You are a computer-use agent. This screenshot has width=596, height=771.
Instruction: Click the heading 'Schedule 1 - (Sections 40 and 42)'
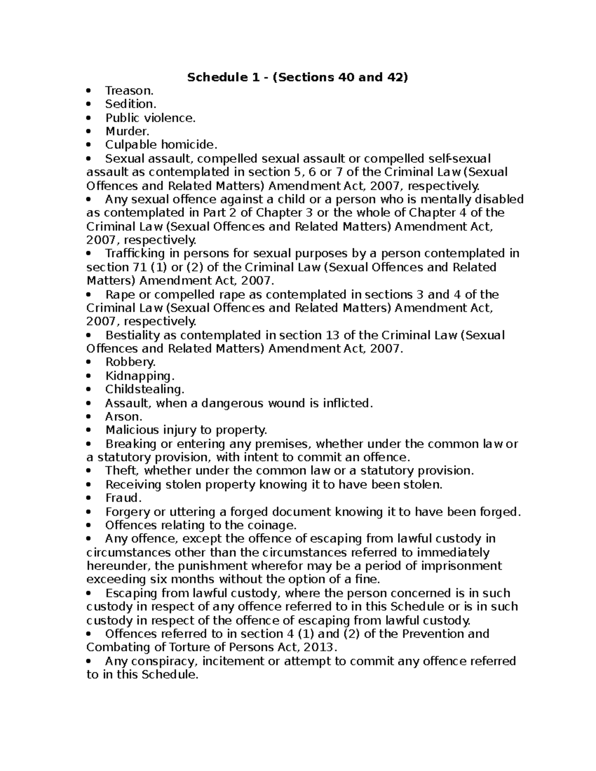(x=297, y=77)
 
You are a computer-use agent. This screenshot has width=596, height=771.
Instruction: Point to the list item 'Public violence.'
(x=150, y=118)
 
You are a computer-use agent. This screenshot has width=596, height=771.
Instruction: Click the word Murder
(x=127, y=132)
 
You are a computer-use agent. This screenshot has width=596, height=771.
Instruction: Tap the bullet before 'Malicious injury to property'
(x=89, y=430)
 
